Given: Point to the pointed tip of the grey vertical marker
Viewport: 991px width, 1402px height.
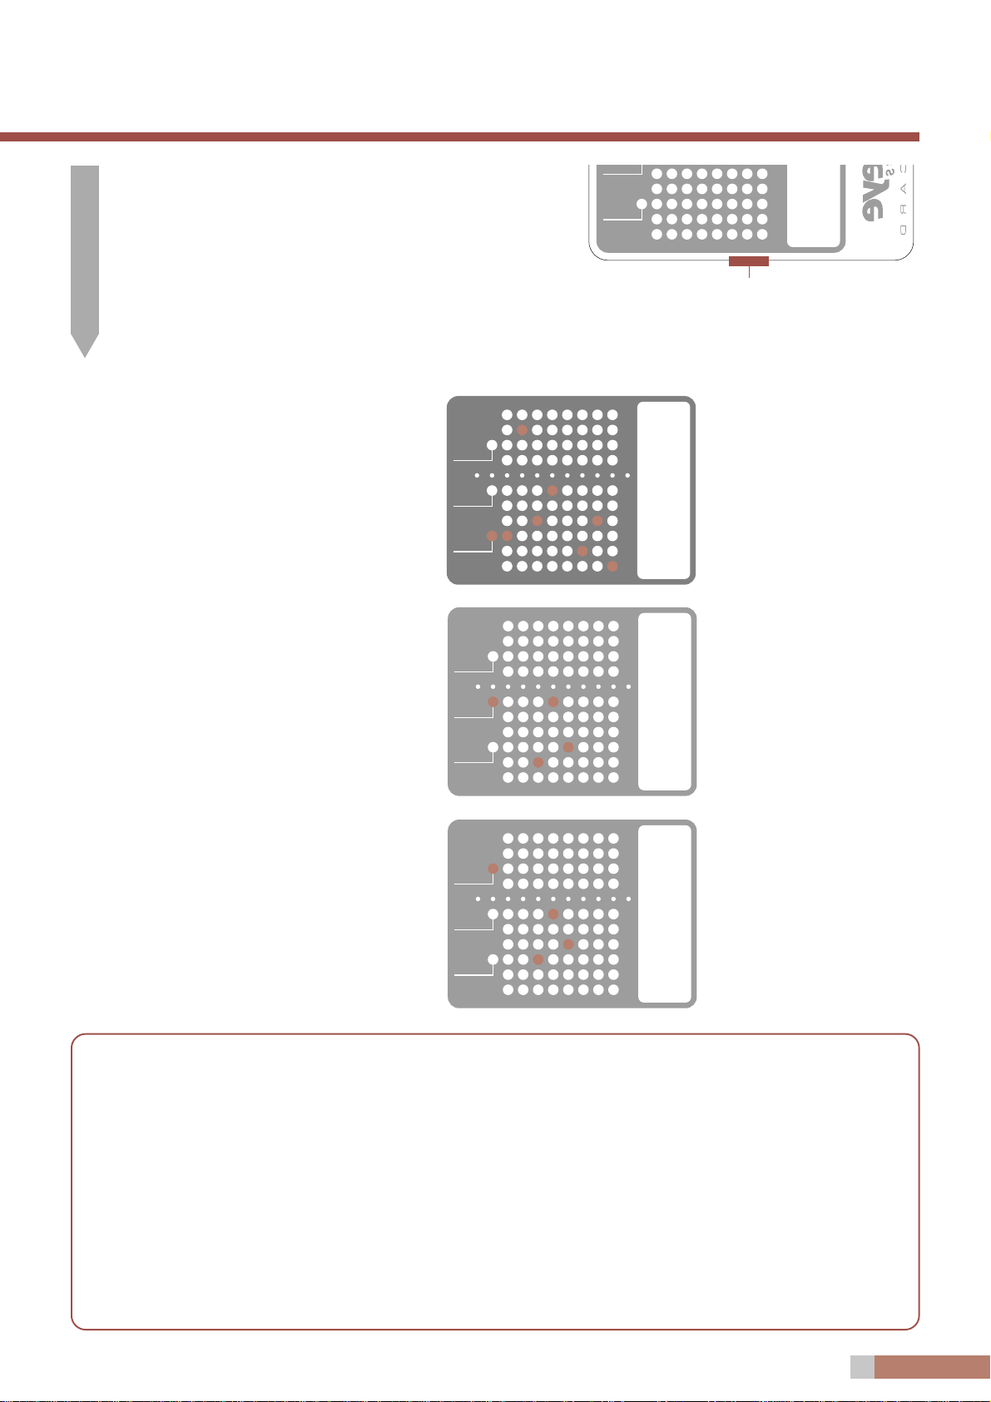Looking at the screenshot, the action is coord(85,349).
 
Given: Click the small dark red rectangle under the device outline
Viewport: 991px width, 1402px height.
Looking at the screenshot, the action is coord(749,261).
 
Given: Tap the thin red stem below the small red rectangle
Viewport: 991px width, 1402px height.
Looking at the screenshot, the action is coord(749,271).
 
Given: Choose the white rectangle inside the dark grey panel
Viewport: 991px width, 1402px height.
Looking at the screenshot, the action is coord(663,489).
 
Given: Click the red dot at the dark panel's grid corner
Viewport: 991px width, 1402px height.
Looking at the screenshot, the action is coord(612,566).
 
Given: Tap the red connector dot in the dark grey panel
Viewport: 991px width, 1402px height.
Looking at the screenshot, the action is coord(492,536).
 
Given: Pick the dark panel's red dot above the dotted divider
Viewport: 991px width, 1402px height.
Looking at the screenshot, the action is coord(522,430).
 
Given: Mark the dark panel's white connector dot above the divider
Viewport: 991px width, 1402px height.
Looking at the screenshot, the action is coord(492,445).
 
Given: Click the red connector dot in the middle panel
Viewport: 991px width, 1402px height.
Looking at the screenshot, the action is coord(493,702).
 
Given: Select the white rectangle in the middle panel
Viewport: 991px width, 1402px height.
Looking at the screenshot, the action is coord(664,701).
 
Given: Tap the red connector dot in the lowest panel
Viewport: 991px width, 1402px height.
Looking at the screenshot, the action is coord(493,869).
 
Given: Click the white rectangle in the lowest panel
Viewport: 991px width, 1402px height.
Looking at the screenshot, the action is coord(664,914).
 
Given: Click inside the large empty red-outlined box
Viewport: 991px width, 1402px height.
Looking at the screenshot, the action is coord(495,1182).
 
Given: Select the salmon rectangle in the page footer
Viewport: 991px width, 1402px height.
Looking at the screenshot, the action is coord(932,1367).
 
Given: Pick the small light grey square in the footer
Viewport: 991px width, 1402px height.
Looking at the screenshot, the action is coord(862,1367).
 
